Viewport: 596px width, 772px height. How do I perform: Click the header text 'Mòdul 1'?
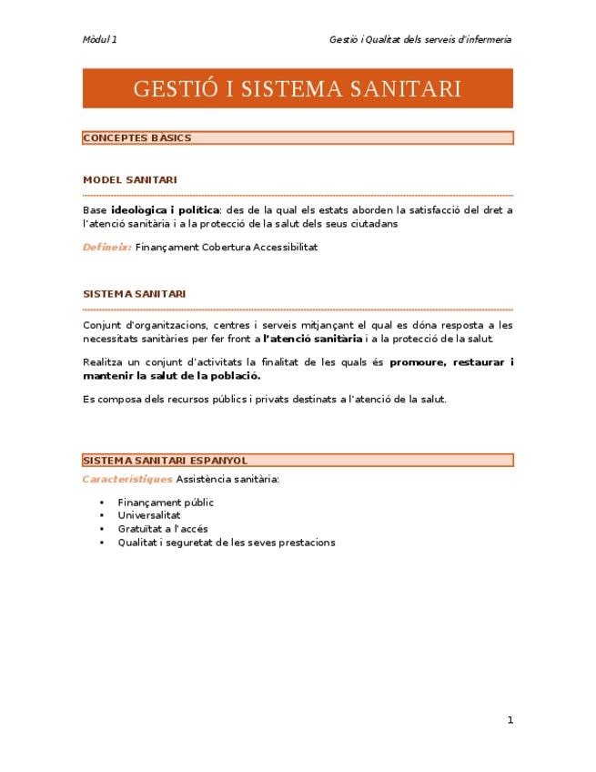99,39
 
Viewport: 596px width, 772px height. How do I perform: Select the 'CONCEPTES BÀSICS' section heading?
137,138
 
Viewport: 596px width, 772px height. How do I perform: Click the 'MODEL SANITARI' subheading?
129,180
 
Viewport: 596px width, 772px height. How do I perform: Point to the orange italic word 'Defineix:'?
106,247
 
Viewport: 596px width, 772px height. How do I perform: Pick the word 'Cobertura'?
227,247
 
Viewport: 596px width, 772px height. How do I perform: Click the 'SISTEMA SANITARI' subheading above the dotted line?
134,294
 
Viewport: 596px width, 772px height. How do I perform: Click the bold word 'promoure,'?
418,362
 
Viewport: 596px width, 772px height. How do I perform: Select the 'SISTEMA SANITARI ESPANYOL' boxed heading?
165,461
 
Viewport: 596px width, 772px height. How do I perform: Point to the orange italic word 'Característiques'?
126,479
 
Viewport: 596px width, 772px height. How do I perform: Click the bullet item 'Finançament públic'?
166,502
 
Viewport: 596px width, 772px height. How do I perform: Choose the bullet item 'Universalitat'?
149,515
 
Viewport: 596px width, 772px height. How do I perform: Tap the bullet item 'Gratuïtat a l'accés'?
163,529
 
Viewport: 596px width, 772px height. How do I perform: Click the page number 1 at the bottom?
510,720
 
